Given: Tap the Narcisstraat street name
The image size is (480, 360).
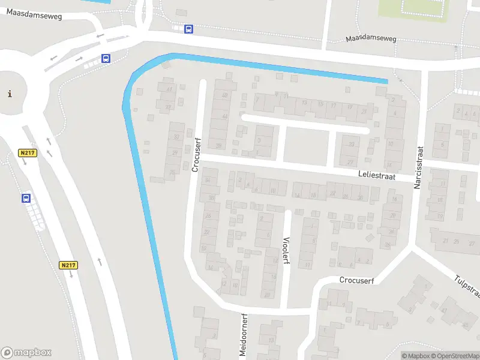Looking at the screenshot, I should (418, 167).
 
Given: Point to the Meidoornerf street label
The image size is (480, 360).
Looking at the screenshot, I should (244, 335).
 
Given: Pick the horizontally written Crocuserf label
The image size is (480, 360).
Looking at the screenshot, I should (357, 280).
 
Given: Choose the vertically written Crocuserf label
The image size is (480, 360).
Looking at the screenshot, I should (195, 155).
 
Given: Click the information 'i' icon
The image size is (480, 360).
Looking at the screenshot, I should (9, 94).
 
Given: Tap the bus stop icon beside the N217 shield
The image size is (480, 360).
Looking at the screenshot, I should (26, 198).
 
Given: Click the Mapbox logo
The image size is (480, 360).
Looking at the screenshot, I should (26, 353).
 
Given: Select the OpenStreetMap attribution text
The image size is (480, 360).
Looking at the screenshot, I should (455, 356).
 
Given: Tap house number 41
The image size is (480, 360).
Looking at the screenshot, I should (170, 90).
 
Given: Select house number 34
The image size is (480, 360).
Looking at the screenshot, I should (208, 180).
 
